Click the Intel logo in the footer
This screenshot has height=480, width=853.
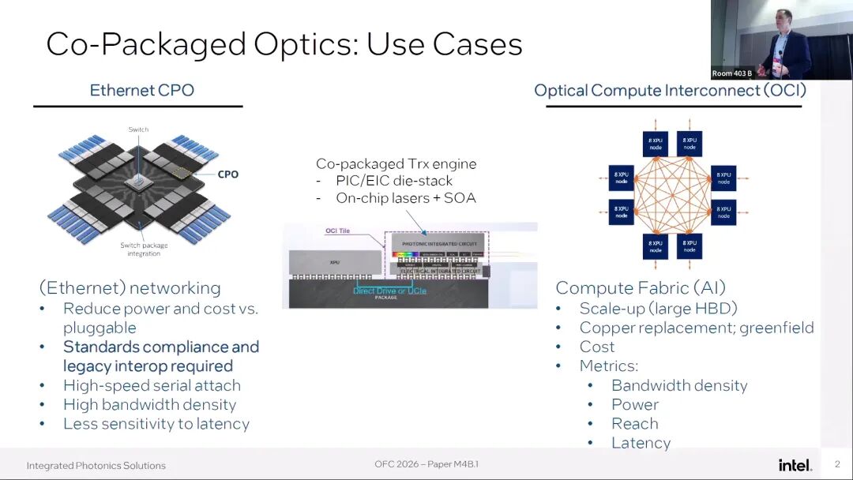click(x=795, y=465)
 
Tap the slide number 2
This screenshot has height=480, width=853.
click(x=837, y=464)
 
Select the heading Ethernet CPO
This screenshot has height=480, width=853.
click(x=142, y=90)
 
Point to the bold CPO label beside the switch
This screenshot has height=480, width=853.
click(x=227, y=174)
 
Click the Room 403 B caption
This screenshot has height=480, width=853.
click(x=732, y=73)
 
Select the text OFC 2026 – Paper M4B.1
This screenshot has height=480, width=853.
click(x=426, y=464)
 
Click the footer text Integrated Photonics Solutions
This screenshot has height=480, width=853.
click(x=96, y=465)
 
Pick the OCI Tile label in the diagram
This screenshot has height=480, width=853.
click(x=337, y=231)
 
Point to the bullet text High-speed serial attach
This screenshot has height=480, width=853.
click(x=152, y=385)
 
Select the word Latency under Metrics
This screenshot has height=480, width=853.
click(x=641, y=443)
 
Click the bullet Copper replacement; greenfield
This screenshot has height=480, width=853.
click(x=696, y=328)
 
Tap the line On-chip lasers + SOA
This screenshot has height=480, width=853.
click(x=406, y=198)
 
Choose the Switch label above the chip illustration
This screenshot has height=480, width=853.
click(x=138, y=129)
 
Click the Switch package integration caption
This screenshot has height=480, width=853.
click(x=143, y=249)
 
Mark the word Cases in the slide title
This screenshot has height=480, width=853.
click(x=477, y=44)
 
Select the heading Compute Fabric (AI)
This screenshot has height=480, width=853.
click(x=640, y=288)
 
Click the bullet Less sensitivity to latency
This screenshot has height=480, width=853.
click(x=156, y=424)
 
